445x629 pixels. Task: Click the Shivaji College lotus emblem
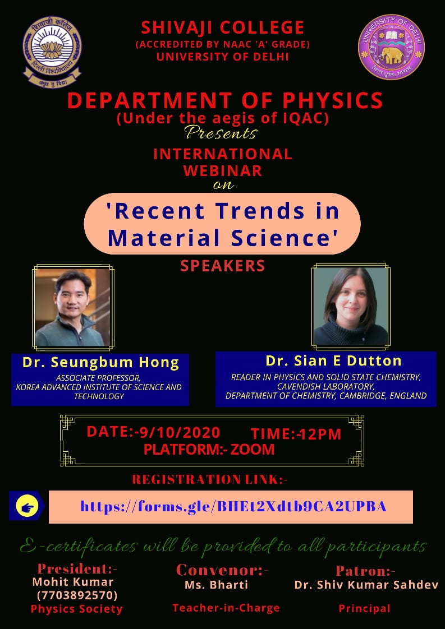(x=52, y=52)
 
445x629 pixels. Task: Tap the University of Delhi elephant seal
(x=391, y=47)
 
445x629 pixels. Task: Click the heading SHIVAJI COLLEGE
(x=222, y=27)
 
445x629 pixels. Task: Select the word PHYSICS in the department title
(x=333, y=101)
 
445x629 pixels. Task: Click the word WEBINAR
(x=222, y=171)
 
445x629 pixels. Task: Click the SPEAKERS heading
(x=222, y=266)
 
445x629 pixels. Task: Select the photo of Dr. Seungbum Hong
(x=73, y=307)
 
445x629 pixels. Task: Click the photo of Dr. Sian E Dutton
(x=351, y=306)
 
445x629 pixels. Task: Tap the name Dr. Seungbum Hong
(x=101, y=362)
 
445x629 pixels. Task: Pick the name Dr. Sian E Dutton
(x=333, y=360)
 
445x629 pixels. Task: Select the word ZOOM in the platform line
(x=252, y=450)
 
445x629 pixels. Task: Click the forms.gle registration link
(x=233, y=506)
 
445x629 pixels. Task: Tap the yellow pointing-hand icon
(x=27, y=506)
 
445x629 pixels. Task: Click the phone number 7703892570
(x=77, y=594)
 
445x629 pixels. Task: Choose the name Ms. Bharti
(x=216, y=585)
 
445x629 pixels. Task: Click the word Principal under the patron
(x=364, y=609)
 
